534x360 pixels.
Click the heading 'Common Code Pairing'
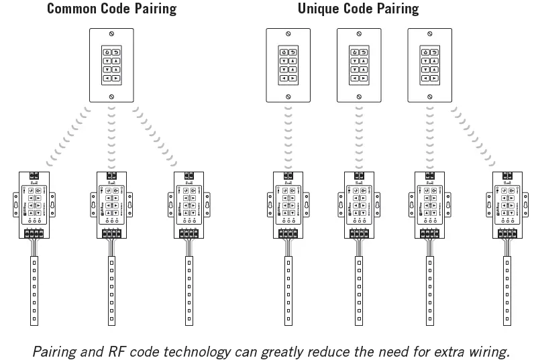pyautogui.click(x=111, y=9)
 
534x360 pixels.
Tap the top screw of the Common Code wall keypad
pyautogui.click(x=111, y=34)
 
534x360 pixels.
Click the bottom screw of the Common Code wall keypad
pyautogui.click(x=111, y=97)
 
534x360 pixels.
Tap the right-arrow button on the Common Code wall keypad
pyautogui.click(x=117, y=78)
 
